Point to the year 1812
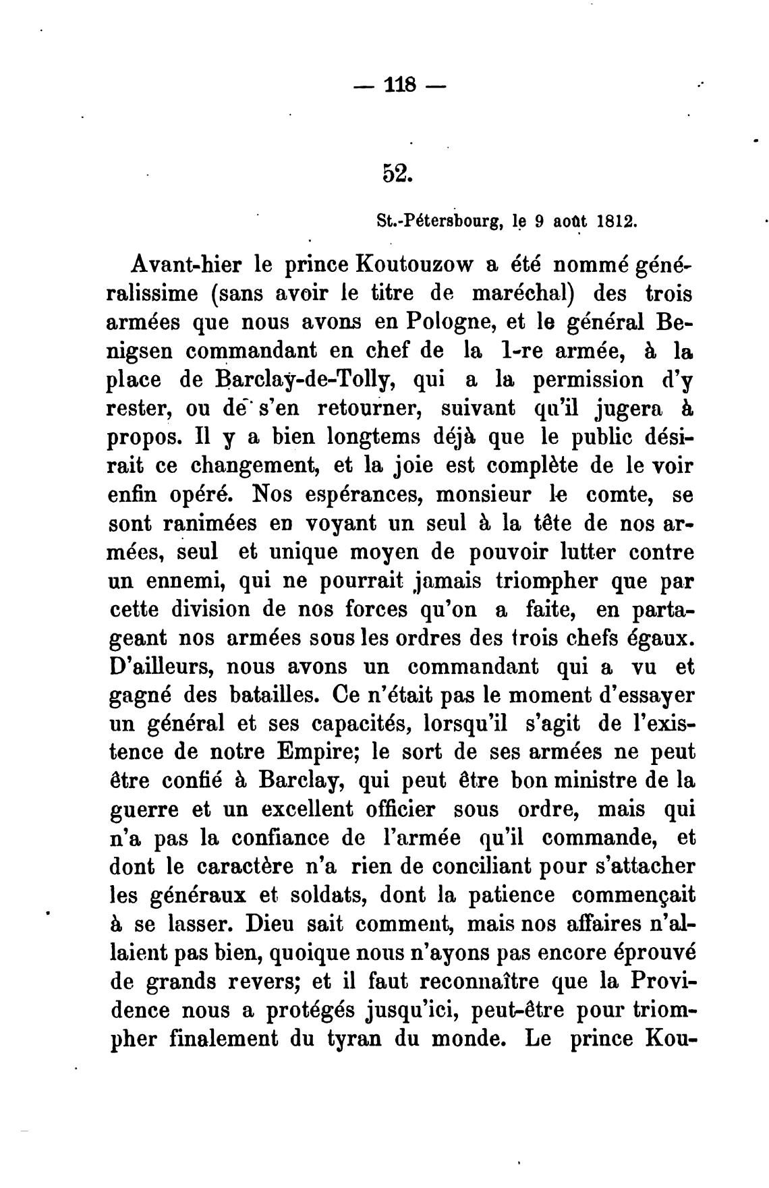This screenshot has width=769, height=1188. click(615, 221)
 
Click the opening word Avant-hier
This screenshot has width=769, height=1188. click(177, 265)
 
